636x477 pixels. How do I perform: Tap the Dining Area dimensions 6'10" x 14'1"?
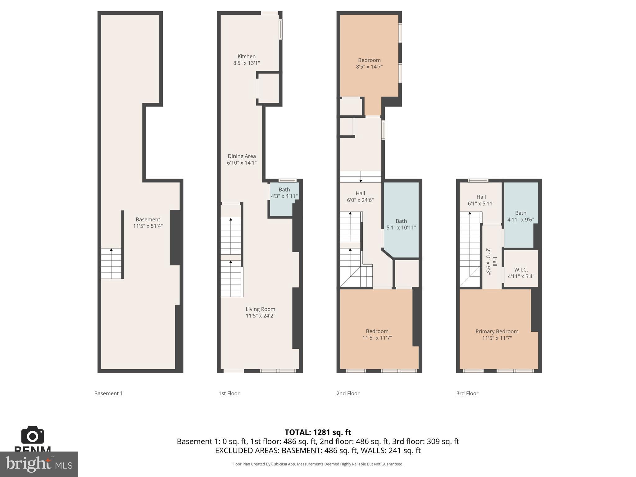(242, 163)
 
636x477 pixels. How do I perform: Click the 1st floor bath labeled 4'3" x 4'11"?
(284, 193)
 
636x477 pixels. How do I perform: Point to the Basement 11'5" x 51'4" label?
(148, 223)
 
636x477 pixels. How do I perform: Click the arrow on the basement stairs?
(111, 250)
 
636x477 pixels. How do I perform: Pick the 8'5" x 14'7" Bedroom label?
(369, 63)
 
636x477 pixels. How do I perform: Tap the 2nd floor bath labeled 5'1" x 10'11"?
(401, 224)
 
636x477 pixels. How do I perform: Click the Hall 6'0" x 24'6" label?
(360, 197)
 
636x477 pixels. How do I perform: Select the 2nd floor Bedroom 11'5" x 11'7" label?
(377, 334)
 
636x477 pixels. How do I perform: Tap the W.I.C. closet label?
(521, 273)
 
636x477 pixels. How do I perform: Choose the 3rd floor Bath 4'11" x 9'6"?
(520, 216)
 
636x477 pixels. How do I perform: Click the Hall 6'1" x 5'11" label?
(481, 200)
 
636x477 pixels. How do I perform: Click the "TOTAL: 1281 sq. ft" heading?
(318, 432)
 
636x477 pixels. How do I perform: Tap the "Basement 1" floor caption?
(108, 393)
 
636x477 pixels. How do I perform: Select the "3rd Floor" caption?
(467, 393)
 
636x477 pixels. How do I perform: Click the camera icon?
(32, 435)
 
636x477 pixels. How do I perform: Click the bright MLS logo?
(39, 464)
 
